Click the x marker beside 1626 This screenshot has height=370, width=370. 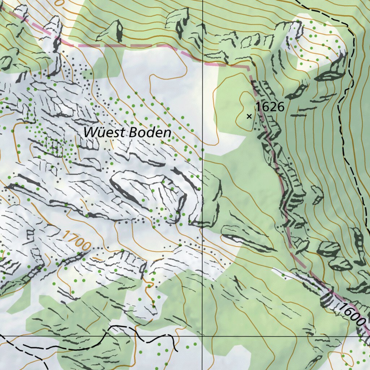click(249, 116)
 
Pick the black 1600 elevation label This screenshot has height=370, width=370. click(353, 317)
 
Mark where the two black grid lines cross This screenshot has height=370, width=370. click(202, 336)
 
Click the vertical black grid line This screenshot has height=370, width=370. click(202, 163)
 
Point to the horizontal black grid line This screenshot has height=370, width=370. click(271, 336)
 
